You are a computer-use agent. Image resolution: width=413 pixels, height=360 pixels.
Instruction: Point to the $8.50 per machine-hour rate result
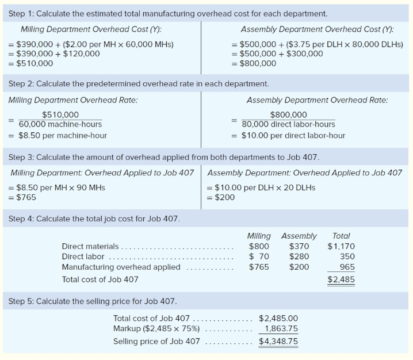pos(63,136)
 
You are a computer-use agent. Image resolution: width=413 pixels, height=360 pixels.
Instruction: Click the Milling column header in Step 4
pos(258,236)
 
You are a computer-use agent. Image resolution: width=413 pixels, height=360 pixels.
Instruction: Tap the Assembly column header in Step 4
pos(299,236)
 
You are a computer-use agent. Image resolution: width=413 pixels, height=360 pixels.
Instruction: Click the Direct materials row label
pos(90,246)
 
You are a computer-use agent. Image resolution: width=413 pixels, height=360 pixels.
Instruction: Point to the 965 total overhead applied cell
pos(347,267)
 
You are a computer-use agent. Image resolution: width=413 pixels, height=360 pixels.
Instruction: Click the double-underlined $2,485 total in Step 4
pos(341,279)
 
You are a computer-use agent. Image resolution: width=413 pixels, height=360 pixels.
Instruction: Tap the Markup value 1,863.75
pos(281,329)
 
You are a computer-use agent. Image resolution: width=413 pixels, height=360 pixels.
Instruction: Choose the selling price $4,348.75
pos(278,341)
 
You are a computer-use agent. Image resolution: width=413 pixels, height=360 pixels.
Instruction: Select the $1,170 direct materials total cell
pos(341,246)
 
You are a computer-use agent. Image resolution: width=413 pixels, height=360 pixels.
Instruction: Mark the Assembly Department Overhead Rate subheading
pos(317,100)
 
